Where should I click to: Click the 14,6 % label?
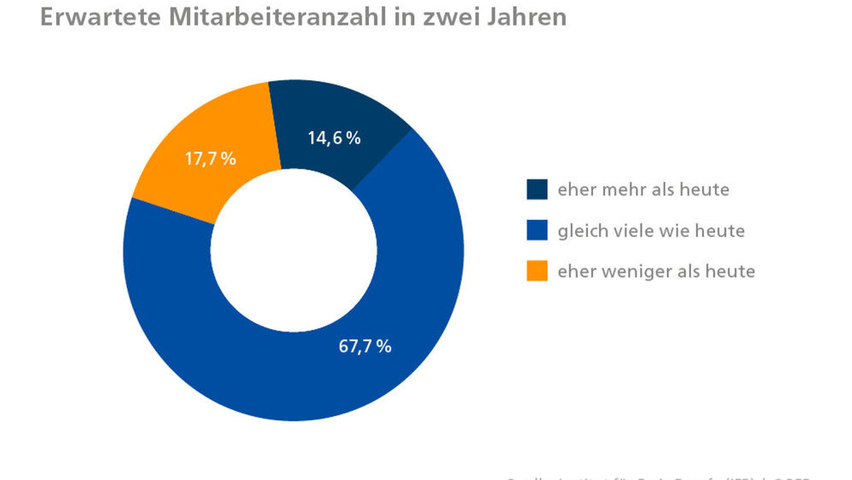[334, 137]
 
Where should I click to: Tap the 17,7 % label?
[210, 159]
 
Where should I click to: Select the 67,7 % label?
[365, 345]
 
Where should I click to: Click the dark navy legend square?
[537, 189]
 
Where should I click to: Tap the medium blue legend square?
[537, 230]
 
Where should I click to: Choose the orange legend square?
[537, 271]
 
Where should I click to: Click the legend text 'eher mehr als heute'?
[643, 189]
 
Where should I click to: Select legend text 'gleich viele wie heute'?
[651, 230]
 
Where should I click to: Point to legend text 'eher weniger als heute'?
[656, 271]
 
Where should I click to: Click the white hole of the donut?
[294, 252]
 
